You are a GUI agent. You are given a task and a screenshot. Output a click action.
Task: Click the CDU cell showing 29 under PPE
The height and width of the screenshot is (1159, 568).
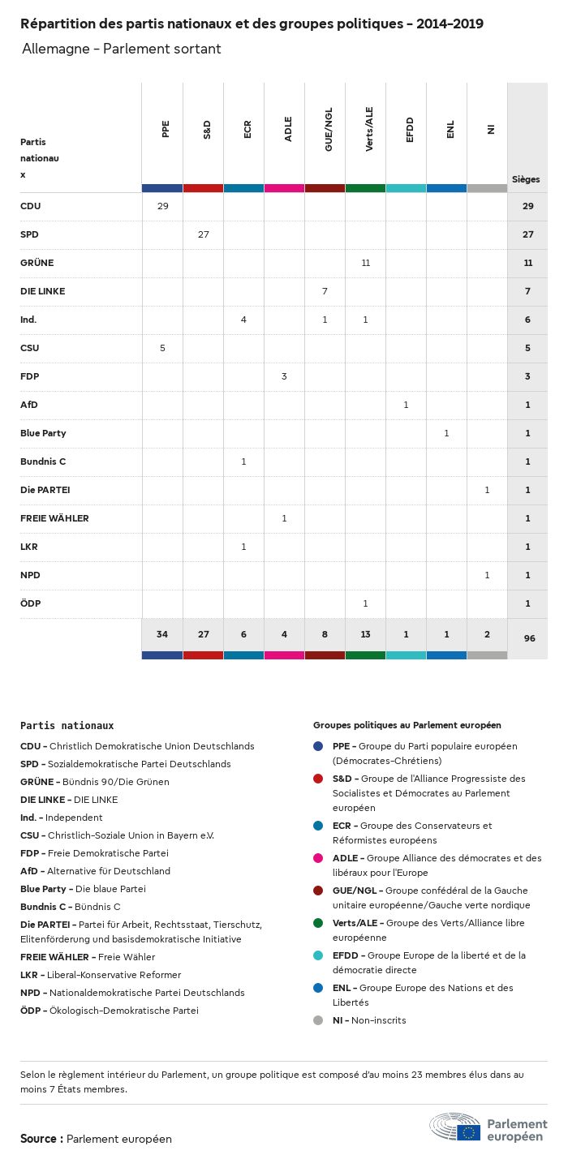point(162,206)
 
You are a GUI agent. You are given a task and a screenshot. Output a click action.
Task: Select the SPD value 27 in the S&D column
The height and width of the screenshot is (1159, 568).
point(203,234)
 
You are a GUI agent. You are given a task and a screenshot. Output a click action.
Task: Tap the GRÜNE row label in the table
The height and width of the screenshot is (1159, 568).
point(37,263)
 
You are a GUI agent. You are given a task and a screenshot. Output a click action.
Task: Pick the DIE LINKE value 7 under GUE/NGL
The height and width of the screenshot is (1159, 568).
point(325,291)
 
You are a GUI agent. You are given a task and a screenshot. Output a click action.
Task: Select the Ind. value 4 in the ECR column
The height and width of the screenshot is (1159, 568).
point(243,320)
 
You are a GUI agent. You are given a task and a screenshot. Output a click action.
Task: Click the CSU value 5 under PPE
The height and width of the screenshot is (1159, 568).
point(162,348)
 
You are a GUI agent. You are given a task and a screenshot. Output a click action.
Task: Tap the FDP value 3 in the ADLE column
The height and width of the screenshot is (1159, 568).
point(284,376)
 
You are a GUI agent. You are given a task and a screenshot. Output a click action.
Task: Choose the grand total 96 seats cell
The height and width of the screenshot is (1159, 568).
point(529,638)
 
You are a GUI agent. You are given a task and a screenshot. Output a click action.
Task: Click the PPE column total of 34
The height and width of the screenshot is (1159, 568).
point(162,634)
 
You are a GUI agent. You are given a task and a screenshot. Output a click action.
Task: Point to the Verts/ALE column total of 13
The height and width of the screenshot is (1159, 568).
point(365,634)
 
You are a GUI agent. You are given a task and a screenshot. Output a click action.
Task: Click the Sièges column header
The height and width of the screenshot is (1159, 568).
point(526,179)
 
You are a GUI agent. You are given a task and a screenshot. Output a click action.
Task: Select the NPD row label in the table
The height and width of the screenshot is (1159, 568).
point(30,575)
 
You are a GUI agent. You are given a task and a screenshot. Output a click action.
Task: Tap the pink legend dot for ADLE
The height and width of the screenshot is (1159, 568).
point(318,858)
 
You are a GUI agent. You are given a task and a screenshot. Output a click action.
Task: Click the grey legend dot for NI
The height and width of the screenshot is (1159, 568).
point(318,1020)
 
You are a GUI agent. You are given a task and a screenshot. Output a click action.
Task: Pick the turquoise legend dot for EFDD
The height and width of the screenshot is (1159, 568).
point(318,955)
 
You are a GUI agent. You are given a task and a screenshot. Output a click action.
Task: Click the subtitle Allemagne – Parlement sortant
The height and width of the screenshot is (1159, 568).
point(122,49)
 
